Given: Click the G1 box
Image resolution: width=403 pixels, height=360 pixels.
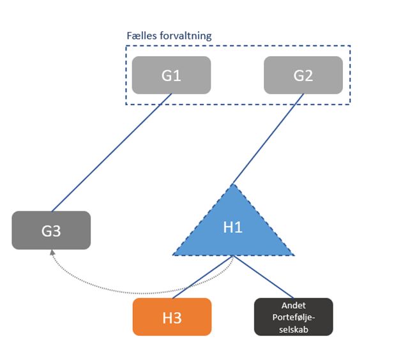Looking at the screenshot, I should tap(171, 75).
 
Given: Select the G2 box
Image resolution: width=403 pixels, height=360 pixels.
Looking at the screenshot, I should tap(303, 75).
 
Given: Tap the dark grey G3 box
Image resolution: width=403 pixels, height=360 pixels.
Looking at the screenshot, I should tap(51, 230).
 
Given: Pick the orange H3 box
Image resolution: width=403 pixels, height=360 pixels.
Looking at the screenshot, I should tap(172, 317).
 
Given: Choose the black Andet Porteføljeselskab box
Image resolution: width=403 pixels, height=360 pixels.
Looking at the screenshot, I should tap(293, 317).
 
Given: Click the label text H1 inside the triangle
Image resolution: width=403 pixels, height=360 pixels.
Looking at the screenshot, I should tap(233, 227).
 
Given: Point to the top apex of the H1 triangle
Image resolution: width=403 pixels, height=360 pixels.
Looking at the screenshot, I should tap(234, 185).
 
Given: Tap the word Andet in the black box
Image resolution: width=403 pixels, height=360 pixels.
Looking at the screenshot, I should tap(293, 306).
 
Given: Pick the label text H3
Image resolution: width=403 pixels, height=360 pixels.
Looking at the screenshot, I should tap(172, 317).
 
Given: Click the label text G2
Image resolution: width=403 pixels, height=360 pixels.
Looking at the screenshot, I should tap(303, 75).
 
